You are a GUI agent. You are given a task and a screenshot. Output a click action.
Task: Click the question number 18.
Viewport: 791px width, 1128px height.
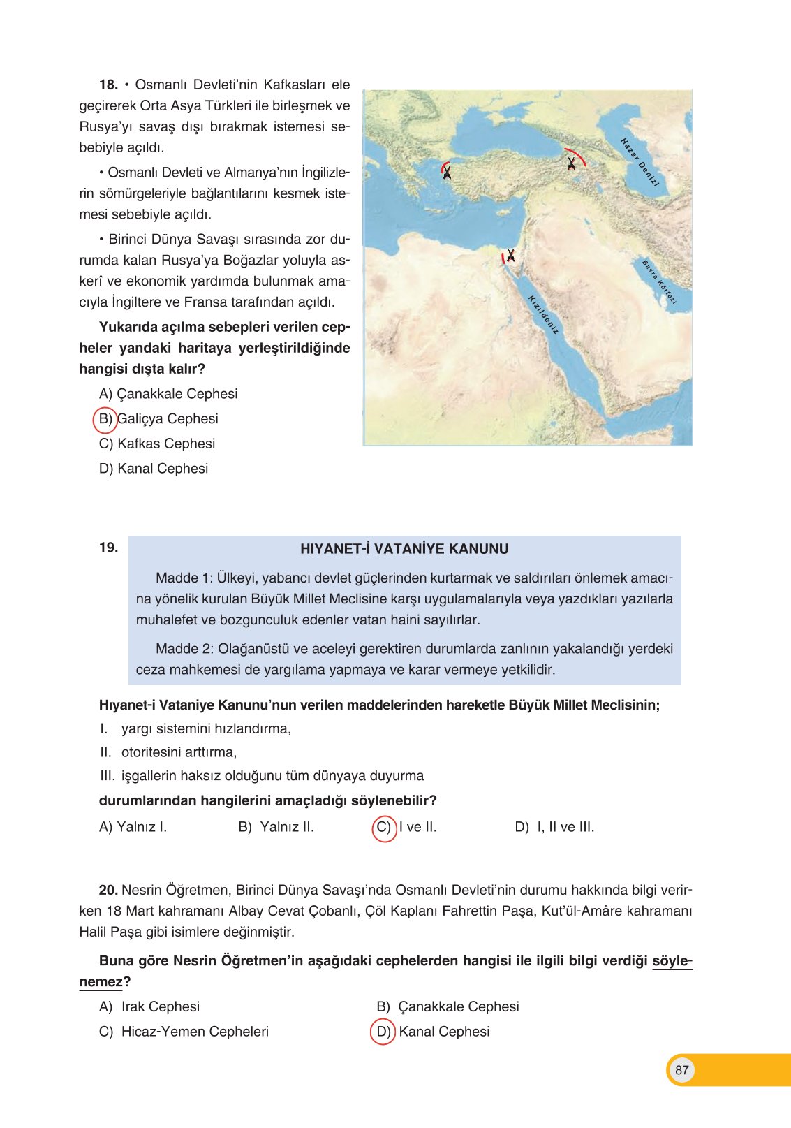coord(108,85)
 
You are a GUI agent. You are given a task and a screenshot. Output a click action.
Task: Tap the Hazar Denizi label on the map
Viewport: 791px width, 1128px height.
coord(640,161)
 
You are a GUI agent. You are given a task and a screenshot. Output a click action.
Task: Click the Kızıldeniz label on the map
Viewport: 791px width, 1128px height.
coord(543,314)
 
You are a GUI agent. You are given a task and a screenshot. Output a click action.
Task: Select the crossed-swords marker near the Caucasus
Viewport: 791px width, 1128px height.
coord(572,163)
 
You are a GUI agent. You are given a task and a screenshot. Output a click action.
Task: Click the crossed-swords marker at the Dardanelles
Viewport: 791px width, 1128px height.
coord(446,171)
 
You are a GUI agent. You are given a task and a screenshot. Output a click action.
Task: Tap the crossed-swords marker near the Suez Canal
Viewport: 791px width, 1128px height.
coord(510,256)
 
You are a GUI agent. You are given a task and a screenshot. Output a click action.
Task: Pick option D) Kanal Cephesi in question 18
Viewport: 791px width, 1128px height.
coord(154,469)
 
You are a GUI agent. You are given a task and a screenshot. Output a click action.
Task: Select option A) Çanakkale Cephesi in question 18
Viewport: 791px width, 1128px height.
coord(168,394)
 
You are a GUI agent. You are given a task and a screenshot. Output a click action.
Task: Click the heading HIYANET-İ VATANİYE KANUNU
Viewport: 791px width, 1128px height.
coord(404,549)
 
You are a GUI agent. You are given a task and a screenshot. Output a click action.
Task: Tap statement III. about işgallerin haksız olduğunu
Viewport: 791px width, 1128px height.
coord(262,776)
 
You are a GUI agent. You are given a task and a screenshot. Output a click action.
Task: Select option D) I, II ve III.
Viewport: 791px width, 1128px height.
coord(554,828)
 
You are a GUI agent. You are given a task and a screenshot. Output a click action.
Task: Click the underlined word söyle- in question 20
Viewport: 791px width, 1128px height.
coord(672,961)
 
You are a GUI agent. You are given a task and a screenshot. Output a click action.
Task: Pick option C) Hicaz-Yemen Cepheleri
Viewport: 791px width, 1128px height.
coord(184,1032)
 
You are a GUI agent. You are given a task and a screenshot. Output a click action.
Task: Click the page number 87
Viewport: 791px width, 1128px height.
coord(682,1070)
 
